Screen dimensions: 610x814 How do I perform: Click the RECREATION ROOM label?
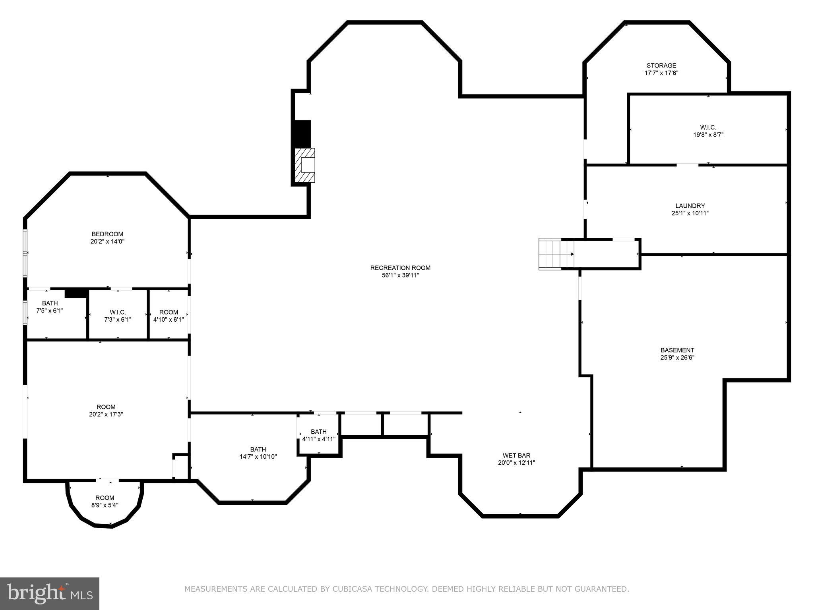(x=400, y=268)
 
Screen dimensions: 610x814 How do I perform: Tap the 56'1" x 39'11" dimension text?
(x=400, y=275)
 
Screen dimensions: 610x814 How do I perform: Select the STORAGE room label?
(x=661, y=66)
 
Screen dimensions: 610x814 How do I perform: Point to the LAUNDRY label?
(x=690, y=206)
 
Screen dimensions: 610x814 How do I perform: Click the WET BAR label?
(x=516, y=456)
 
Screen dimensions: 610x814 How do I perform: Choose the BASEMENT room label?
(x=677, y=350)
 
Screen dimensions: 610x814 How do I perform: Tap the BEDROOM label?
(x=107, y=234)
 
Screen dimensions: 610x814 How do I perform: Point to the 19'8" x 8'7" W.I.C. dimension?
(x=708, y=135)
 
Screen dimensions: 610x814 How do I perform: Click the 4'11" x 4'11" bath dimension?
(x=319, y=439)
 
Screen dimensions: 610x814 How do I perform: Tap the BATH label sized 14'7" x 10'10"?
(x=258, y=450)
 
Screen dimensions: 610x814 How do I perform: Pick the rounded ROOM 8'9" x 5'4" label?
(x=105, y=498)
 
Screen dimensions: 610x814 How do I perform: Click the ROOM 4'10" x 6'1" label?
(x=169, y=312)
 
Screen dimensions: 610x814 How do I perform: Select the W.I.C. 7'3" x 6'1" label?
(x=118, y=312)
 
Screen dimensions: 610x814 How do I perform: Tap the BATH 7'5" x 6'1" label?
(x=50, y=303)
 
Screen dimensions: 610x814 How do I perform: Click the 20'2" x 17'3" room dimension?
(x=106, y=414)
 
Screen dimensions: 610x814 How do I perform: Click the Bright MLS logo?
(x=50, y=593)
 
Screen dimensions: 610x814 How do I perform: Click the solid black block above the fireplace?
(x=302, y=134)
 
